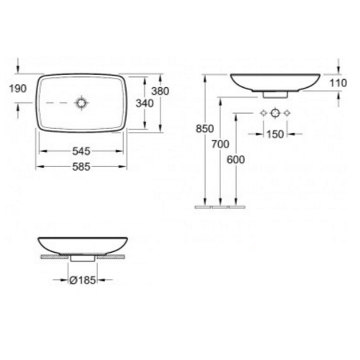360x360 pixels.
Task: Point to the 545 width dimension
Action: point(81,152)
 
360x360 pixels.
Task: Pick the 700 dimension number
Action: point(220,145)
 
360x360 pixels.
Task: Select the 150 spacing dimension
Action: point(274,133)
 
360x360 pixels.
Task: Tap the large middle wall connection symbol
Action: point(274,113)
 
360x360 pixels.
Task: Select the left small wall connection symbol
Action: point(263,113)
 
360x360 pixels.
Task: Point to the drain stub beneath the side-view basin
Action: point(274,93)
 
